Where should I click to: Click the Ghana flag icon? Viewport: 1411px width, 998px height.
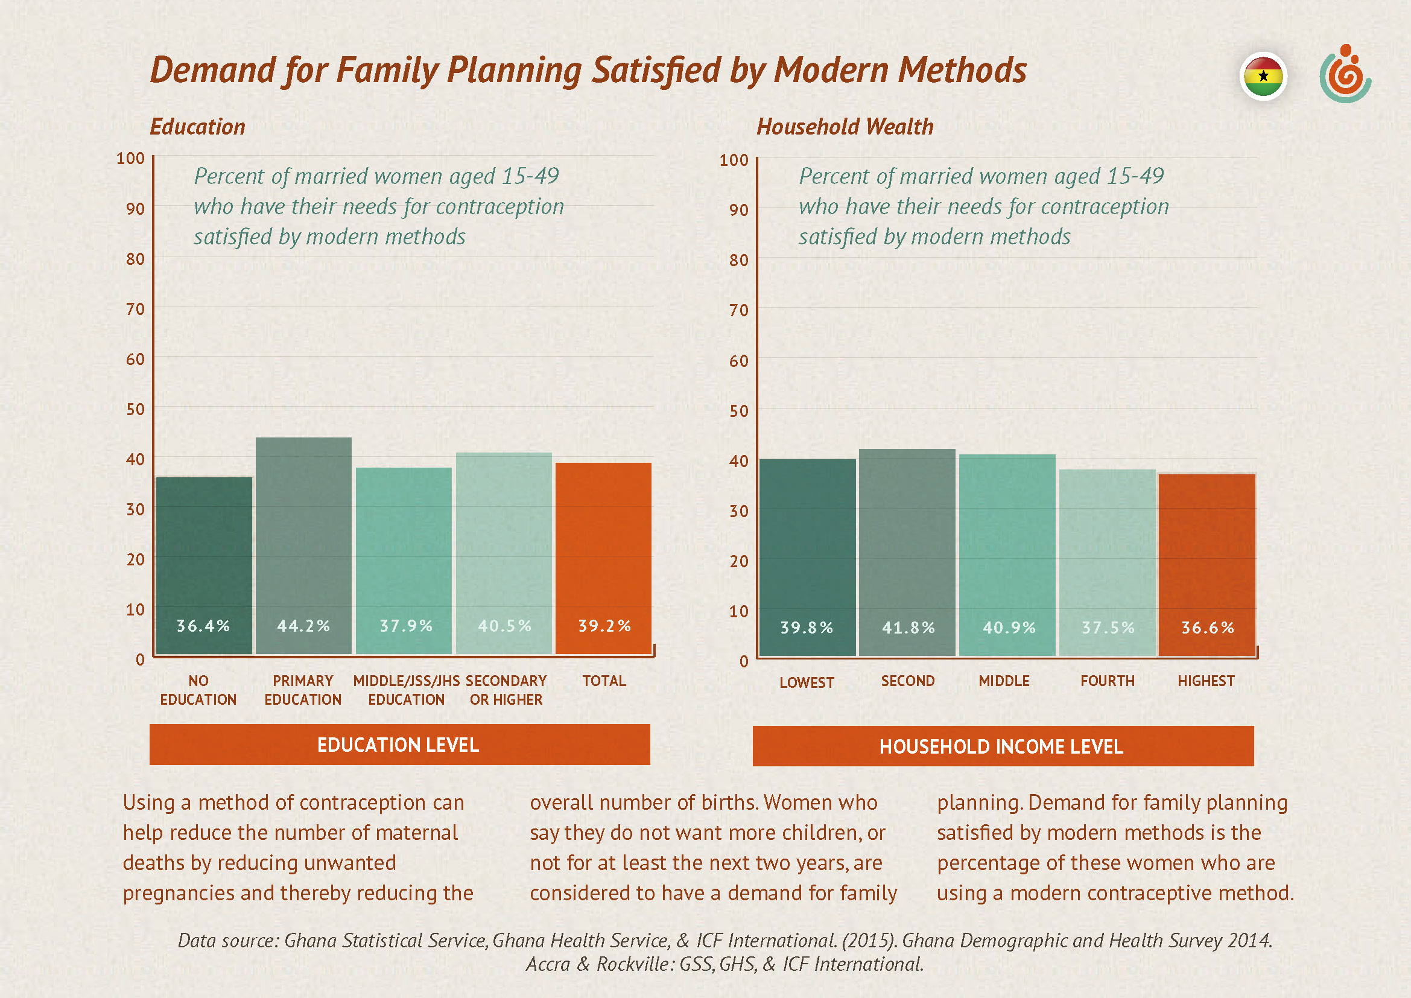[1263, 76]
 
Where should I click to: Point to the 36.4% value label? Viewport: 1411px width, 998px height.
[203, 626]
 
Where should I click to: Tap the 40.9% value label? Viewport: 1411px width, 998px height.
[1009, 628]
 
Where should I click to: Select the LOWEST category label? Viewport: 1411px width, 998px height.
[807, 683]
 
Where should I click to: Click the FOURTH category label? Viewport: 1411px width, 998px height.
[1108, 681]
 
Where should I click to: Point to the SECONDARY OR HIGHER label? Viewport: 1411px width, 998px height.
[506, 690]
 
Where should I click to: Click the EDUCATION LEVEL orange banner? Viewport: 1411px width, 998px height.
[399, 745]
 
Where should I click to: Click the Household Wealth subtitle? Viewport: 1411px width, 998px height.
[845, 127]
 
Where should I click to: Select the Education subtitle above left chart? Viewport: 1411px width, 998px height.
[197, 127]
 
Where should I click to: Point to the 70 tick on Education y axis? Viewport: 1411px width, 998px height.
[135, 308]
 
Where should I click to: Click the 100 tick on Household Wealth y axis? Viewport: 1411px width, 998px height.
[734, 160]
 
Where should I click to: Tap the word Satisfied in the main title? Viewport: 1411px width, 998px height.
[656, 69]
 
